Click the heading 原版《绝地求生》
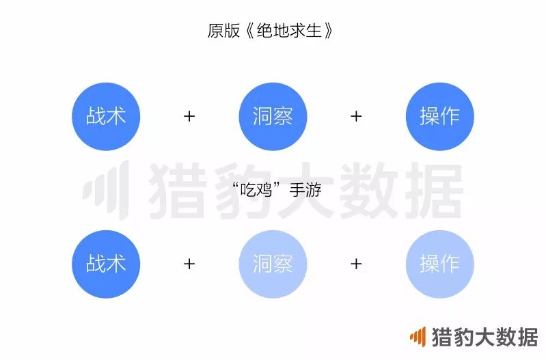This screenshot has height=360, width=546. point(273,31)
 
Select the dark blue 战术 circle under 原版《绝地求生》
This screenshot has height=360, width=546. point(106,116)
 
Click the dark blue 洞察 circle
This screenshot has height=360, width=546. point(273,116)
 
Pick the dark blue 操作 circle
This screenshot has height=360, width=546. point(439,116)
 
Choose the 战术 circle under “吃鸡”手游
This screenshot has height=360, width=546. point(106,264)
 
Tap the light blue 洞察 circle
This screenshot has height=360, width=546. point(273,264)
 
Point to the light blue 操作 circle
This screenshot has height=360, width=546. point(439,264)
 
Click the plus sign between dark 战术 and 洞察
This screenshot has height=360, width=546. point(189,116)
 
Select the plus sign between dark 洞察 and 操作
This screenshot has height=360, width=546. point(356,116)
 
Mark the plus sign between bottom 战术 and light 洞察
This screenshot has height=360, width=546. point(189,264)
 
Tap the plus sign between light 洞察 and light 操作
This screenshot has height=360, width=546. point(356,264)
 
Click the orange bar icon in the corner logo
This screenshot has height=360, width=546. point(418,336)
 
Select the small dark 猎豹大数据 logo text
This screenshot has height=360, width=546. point(484,337)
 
